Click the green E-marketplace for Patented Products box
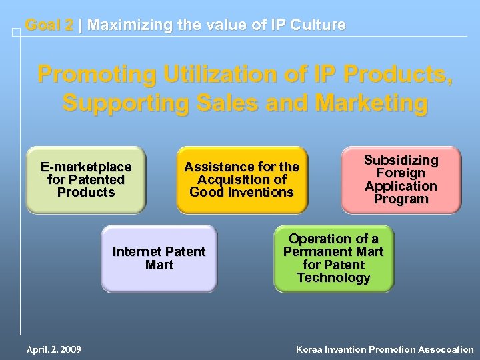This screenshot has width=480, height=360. tap(85, 180)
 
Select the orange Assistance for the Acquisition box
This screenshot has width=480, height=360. tap(241, 180)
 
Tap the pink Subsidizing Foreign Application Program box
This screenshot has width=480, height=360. tap(401, 180)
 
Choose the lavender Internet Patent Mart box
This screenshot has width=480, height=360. tap(159, 259)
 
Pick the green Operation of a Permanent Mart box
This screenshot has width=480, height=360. tap(333, 259)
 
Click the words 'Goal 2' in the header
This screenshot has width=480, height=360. tap(49, 25)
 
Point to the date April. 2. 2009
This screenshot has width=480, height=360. tap(53, 349)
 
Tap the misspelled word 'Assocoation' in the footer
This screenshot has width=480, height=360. tap(446, 349)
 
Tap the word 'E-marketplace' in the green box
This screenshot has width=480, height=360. tap(86, 167)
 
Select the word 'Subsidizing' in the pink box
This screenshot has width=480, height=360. tap(401, 160)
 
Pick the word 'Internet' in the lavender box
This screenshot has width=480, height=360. tap(137, 252)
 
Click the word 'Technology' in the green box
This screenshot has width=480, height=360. tap(333, 277)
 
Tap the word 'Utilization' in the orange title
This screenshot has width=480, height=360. tap(221, 74)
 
